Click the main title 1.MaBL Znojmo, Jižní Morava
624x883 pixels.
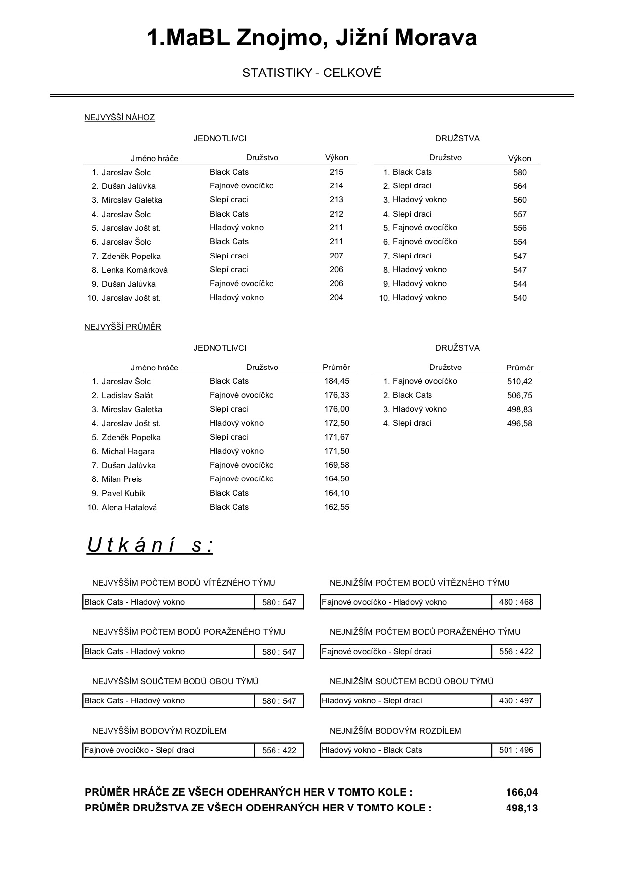(x=312, y=38)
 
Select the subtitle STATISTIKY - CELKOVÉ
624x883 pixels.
(x=312, y=73)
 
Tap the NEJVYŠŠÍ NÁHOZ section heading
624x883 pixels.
(x=119, y=117)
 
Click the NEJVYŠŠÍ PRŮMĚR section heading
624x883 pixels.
(x=123, y=327)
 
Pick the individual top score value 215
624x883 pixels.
(x=336, y=172)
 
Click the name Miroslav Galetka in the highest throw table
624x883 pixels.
(x=132, y=200)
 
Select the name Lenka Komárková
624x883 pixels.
(x=134, y=270)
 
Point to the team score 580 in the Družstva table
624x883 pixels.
(x=520, y=172)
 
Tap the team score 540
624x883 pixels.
(x=520, y=298)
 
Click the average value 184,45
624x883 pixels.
(x=337, y=381)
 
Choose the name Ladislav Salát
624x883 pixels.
(x=127, y=395)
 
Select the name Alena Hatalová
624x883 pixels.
(x=129, y=507)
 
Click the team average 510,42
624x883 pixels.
(x=520, y=381)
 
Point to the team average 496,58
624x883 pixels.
(x=520, y=423)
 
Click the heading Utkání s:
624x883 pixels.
(x=150, y=545)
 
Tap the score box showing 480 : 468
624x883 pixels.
(x=516, y=602)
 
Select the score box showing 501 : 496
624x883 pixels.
(x=516, y=750)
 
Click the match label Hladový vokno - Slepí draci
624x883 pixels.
(x=372, y=700)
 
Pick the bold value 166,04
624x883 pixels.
(x=522, y=792)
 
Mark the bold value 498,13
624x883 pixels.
(x=522, y=808)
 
